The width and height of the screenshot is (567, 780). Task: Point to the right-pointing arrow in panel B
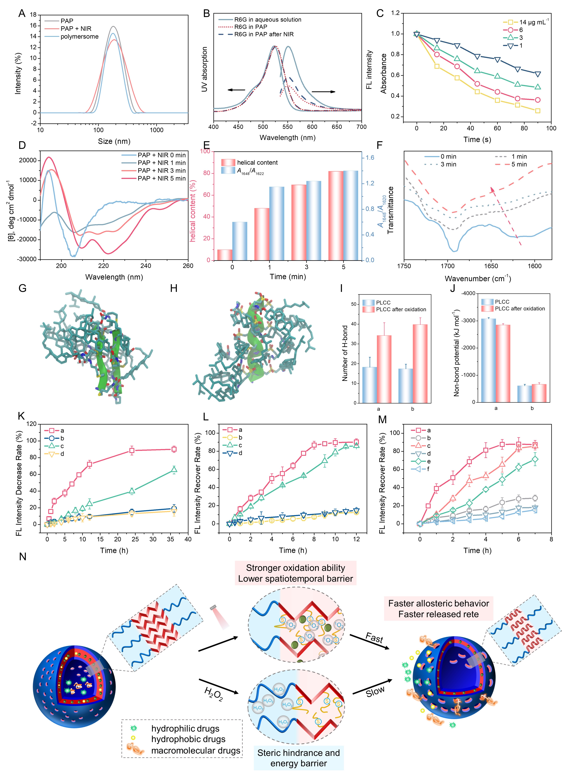tap(323, 92)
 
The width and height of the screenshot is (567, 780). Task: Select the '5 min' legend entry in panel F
tap(519, 164)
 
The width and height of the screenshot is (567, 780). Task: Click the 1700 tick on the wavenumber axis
tap(447, 266)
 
